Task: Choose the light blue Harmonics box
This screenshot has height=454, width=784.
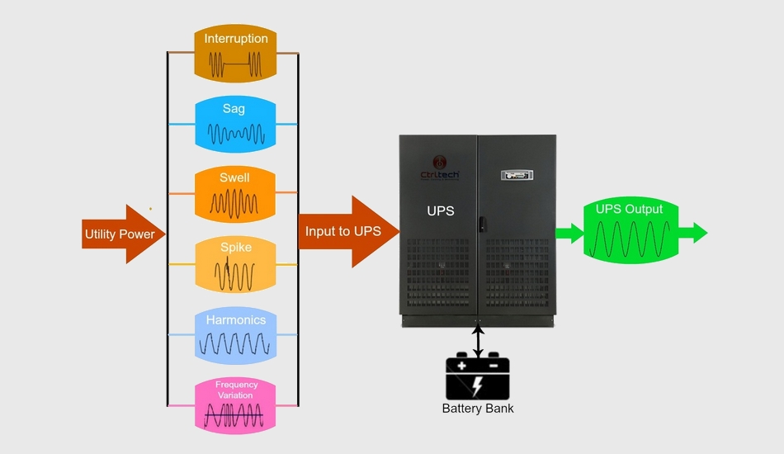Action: tap(234, 334)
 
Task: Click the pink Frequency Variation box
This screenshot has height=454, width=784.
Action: tap(234, 404)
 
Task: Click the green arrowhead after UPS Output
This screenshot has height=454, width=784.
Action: tap(697, 233)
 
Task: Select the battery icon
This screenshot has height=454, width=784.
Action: tap(478, 378)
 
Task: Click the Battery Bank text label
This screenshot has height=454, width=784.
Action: tap(478, 409)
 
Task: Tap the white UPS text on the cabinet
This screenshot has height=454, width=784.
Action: tap(440, 211)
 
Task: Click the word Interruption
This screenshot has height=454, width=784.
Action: tap(236, 39)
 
